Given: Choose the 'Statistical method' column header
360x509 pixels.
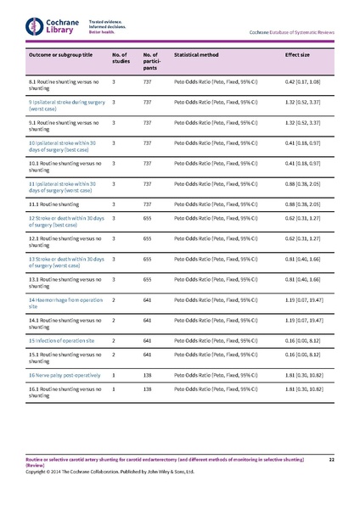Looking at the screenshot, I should pyautogui.click(x=196, y=55).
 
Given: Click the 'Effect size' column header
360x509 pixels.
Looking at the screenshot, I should pyautogui.click(x=298, y=55).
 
